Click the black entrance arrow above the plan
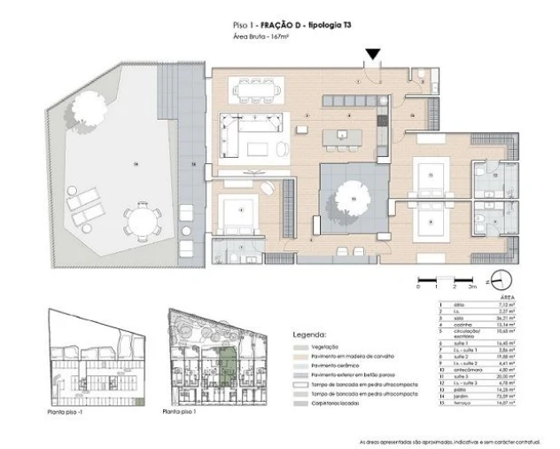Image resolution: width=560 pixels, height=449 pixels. pyautogui.click(x=374, y=54)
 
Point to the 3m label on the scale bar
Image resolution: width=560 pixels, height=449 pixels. pyautogui.click(x=473, y=288)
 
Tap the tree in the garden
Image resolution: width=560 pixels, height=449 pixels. pyautogui.click(x=97, y=111)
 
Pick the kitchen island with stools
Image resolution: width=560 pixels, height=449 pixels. pyautogui.click(x=342, y=138)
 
